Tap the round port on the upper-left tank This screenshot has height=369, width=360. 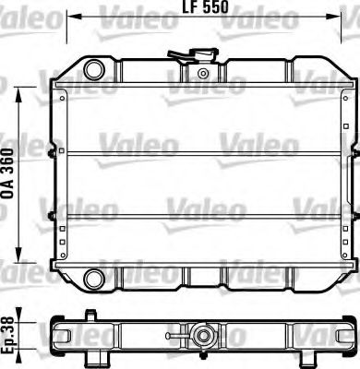click(x=93, y=69)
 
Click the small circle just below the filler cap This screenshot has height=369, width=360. click(x=202, y=71)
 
